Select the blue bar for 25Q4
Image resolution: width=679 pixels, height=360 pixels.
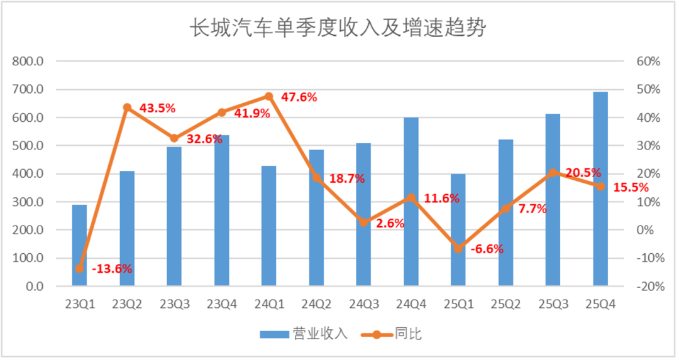pos(600,188)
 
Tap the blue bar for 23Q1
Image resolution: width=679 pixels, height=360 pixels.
pos(79,245)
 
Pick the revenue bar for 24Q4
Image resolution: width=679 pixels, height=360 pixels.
pos(411,201)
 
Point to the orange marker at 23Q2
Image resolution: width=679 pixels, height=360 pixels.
pos(127,107)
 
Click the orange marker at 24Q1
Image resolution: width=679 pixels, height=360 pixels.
pos(269,96)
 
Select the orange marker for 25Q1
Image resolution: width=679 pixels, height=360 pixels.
pos(458,249)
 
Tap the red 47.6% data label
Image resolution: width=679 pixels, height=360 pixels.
pos(299,97)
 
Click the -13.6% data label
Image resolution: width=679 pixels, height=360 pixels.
pos(112,269)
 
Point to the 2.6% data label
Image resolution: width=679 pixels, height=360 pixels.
pos(390,223)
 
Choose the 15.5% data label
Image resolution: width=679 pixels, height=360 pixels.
pos(631,187)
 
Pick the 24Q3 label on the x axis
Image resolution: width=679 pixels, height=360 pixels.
pos(363,303)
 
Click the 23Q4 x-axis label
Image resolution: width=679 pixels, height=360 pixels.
pos(221,303)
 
